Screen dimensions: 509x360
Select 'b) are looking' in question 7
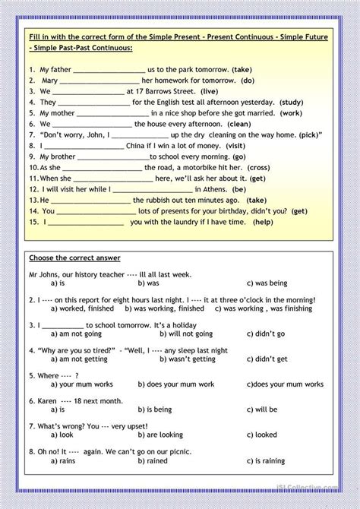[x=162, y=436]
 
